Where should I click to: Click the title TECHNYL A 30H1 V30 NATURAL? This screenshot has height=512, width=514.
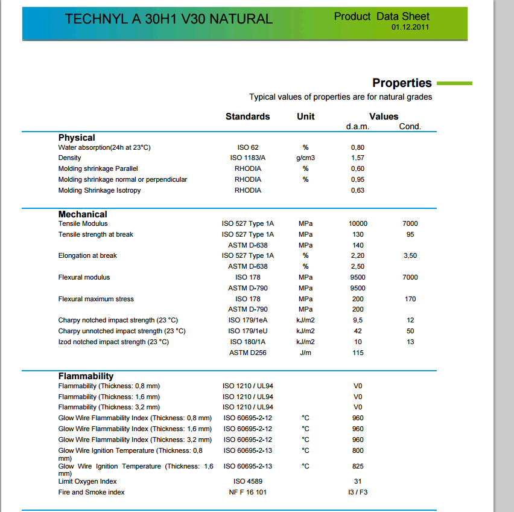(169, 19)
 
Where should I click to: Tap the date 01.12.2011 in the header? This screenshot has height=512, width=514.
(410, 28)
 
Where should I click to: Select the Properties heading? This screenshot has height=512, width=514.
(402, 83)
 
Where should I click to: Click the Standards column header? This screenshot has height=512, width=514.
(247, 117)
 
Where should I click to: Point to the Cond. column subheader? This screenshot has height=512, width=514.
(410, 127)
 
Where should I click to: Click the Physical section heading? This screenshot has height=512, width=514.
(77, 138)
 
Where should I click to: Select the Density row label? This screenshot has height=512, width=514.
(70, 158)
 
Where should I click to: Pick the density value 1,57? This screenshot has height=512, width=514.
(358, 158)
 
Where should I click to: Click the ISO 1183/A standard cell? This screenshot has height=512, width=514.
(248, 158)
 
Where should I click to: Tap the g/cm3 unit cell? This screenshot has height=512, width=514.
(306, 158)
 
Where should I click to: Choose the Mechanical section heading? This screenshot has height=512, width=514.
(83, 214)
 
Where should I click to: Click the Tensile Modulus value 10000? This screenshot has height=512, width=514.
(358, 224)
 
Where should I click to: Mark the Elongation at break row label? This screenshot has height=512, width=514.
(87, 256)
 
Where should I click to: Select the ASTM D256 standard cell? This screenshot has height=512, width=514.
(248, 353)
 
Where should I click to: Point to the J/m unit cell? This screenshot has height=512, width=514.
(306, 353)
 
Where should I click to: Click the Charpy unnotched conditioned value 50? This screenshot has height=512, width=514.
(410, 331)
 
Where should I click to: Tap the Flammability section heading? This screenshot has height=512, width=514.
(86, 376)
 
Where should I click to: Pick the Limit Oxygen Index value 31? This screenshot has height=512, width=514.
(358, 482)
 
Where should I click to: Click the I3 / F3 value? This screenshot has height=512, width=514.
(358, 493)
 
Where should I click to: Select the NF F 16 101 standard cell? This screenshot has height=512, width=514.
(248, 493)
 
